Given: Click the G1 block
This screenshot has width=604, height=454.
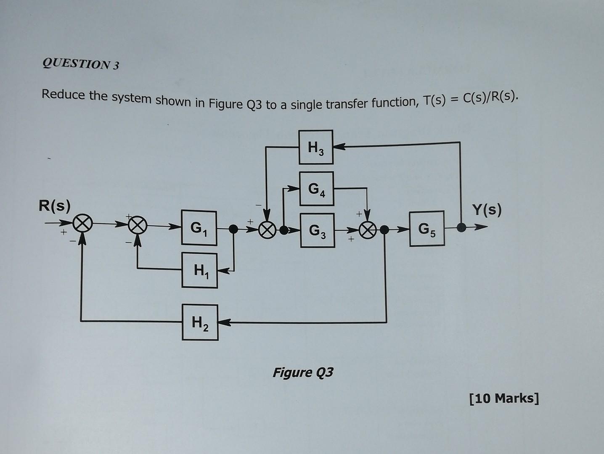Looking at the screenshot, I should coord(199,228).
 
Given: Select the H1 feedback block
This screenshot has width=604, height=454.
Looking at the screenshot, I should coord(199,270).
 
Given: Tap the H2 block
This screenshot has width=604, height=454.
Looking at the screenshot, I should coord(200,322).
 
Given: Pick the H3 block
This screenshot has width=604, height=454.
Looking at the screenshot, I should coord(315,147).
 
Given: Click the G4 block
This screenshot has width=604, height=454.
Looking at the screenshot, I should coord(316,188).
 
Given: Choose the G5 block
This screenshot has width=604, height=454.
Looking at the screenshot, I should coord(427,228).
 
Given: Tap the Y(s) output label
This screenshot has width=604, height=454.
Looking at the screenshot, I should coord(487,209).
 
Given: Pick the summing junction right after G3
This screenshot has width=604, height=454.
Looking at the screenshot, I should coord(368,230).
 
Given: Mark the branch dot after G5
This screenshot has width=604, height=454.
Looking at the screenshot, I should coord(461,228).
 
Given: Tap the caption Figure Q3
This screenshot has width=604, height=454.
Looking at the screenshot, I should coord(303,372).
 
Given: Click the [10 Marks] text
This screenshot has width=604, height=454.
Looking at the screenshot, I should coord(503,398).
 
